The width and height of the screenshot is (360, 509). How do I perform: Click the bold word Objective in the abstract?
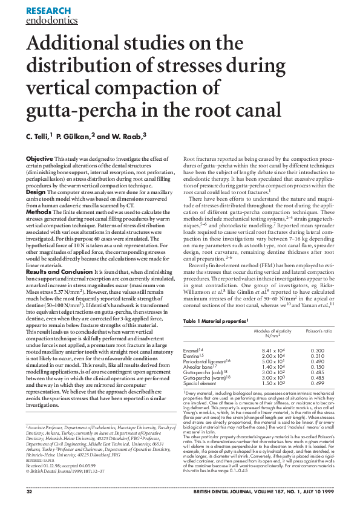39,158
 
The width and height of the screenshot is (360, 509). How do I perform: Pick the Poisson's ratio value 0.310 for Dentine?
317,357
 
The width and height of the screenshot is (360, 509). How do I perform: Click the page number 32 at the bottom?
29,492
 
